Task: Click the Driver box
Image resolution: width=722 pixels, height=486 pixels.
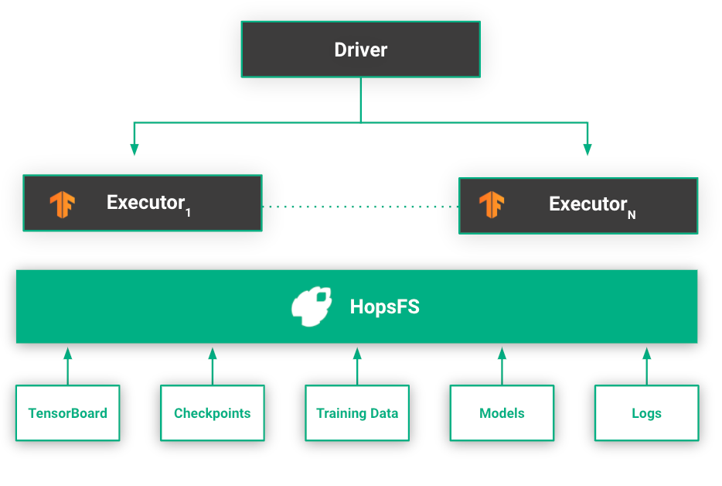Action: tap(360, 50)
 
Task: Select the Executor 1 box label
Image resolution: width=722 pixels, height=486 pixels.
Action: tap(145, 203)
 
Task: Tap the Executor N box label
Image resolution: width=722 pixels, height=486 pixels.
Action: tap(587, 204)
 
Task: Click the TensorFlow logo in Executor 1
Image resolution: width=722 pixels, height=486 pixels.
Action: tap(62, 204)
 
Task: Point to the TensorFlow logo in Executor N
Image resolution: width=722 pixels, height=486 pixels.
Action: tap(492, 204)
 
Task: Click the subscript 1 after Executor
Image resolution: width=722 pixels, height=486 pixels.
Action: tap(188, 212)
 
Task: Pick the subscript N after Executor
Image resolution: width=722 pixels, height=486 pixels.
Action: tap(632, 214)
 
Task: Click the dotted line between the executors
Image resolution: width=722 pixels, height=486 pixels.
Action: tap(360, 207)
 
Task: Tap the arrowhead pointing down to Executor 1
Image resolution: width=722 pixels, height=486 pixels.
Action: tap(135, 149)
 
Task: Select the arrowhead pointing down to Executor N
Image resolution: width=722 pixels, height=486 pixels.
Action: tap(587, 149)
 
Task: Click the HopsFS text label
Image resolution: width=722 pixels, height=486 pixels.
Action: tap(384, 306)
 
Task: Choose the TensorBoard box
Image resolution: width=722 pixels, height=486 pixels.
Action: tap(68, 412)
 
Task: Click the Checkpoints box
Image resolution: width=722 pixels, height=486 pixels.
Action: tap(213, 412)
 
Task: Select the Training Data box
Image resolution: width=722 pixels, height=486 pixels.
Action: tap(357, 412)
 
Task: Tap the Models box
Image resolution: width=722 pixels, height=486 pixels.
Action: tap(502, 412)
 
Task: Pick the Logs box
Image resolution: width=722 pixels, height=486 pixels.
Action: tap(646, 412)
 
